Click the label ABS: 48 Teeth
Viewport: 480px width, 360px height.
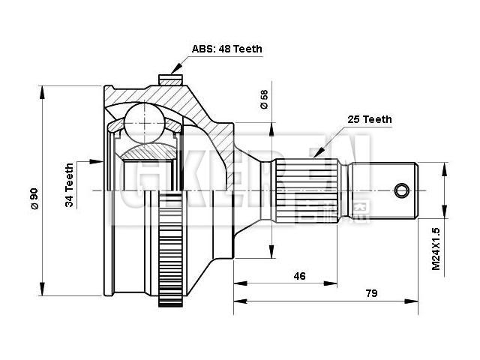click(x=226, y=49)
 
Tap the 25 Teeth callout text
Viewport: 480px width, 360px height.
click(x=369, y=119)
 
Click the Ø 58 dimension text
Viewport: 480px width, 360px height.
click(x=263, y=100)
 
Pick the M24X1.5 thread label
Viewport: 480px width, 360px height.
click(x=436, y=249)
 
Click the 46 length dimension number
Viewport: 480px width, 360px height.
click(x=299, y=276)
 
